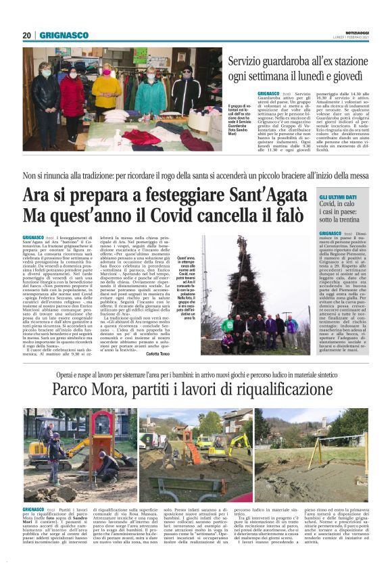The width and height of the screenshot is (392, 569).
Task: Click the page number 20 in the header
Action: pos(27,35)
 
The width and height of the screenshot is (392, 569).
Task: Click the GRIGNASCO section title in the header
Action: pos(64,35)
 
